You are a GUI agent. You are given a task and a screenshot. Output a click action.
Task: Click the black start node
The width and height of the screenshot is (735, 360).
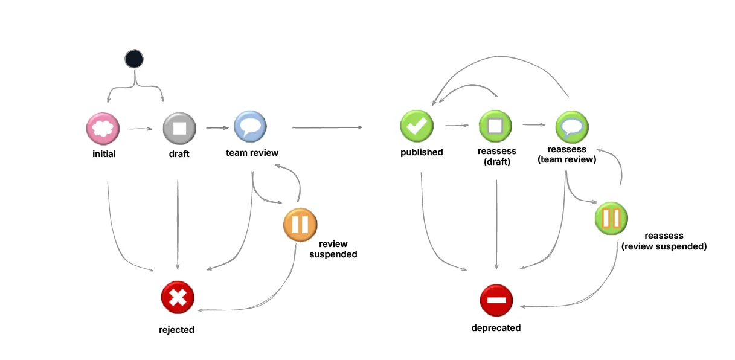click(133, 59)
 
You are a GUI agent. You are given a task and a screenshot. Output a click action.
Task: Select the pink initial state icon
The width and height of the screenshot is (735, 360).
click(103, 127)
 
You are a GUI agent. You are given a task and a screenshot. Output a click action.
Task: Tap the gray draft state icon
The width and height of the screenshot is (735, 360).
click(179, 127)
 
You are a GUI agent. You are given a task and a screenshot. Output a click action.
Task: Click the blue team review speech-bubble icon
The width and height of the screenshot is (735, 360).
click(250, 126)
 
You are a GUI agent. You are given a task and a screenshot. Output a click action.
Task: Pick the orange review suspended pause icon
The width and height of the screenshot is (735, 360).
click(300, 224)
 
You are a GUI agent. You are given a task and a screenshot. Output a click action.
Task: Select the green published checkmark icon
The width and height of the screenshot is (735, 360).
click(417, 126)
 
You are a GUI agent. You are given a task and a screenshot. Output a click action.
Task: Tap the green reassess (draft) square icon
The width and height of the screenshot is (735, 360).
click(495, 126)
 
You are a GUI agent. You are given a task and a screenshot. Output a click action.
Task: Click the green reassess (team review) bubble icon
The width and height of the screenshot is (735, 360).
click(572, 126)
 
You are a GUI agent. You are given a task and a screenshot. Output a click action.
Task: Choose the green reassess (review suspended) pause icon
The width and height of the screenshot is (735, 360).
click(611, 217)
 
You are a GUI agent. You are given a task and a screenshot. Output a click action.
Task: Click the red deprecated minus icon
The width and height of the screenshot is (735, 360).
click(496, 300)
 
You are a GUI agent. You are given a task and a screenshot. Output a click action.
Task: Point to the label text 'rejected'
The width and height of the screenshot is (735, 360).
click(176, 330)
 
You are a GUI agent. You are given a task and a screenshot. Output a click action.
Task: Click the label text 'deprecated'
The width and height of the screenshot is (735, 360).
click(496, 328)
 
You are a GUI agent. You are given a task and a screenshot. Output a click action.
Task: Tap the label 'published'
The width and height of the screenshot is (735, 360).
click(422, 152)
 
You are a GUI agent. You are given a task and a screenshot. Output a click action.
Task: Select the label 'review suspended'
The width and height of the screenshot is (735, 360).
click(333, 249)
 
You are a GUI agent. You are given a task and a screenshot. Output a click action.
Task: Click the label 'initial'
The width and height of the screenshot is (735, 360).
click(104, 154)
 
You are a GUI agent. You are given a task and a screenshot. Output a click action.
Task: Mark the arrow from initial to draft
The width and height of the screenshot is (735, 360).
click(140, 128)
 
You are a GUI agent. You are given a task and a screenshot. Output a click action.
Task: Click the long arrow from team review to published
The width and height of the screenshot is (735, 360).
click(327, 127)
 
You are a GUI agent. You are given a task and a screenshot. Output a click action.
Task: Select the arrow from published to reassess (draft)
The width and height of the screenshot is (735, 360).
click(457, 126)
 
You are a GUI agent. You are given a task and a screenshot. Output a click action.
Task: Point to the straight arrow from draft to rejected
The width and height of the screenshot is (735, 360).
click(178, 223)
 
